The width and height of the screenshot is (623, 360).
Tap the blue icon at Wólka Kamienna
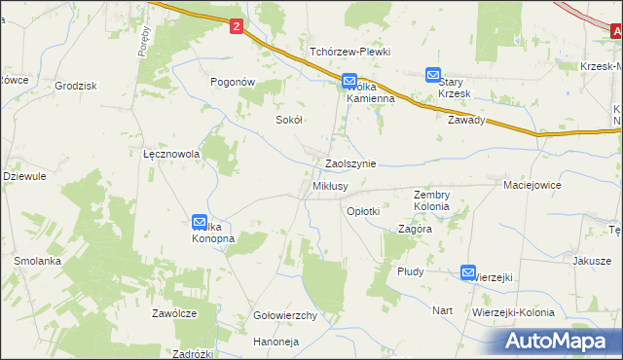(x=350, y=82)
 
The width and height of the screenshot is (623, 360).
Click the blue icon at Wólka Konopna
(x=200, y=223)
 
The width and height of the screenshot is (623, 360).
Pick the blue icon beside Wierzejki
(x=468, y=274)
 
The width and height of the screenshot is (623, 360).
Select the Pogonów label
(x=234, y=83)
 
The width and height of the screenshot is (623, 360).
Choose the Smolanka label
(x=38, y=262)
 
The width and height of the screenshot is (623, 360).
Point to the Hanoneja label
(x=275, y=342)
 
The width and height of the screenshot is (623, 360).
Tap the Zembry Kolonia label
(x=431, y=200)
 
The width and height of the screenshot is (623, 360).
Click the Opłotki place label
(x=363, y=210)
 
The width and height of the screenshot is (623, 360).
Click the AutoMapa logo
(x=560, y=341)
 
